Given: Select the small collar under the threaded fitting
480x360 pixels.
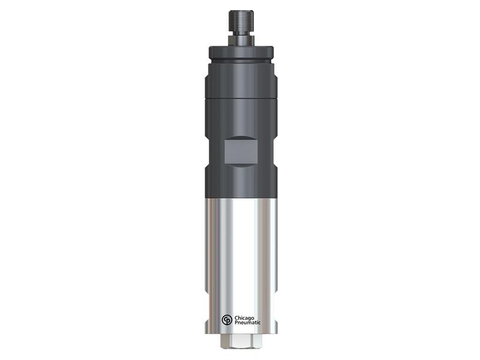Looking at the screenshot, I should (240, 41).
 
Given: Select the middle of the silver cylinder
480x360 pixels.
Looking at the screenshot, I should (240, 252).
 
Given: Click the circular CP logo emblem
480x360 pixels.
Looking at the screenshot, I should (226, 321).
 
